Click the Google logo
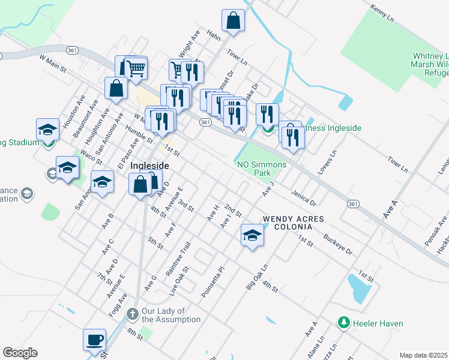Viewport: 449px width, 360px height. pyautogui.click(x=20, y=353)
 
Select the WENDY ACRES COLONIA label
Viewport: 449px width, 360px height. pyautogui.click(x=287, y=223)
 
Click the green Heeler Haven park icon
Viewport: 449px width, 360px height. pyautogui.click(x=344, y=323)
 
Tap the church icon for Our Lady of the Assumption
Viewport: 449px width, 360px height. pyautogui.click(x=133, y=313)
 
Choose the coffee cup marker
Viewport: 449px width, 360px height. pyautogui.click(x=95, y=340)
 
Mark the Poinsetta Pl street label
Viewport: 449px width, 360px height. pyautogui.click(x=213, y=282)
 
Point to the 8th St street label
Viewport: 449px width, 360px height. pyautogui.click(x=134, y=333)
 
